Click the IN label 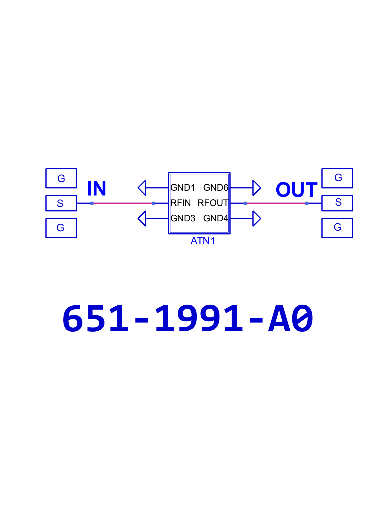[x=96, y=188]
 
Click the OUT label [x=296, y=189]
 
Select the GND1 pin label [x=183, y=188]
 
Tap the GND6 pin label [x=216, y=188]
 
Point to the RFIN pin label [x=180, y=203]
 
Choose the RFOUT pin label [x=213, y=203]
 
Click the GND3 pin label [x=183, y=218]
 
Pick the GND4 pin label [x=216, y=218]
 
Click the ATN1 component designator [x=203, y=241]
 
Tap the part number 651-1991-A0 [x=188, y=318]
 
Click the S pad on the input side [x=61, y=203]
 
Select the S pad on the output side [x=337, y=203]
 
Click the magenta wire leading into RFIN [x=122, y=203]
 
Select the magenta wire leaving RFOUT [x=276, y=203]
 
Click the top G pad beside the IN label [x=61, y=178]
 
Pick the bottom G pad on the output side [x=337, y=228]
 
